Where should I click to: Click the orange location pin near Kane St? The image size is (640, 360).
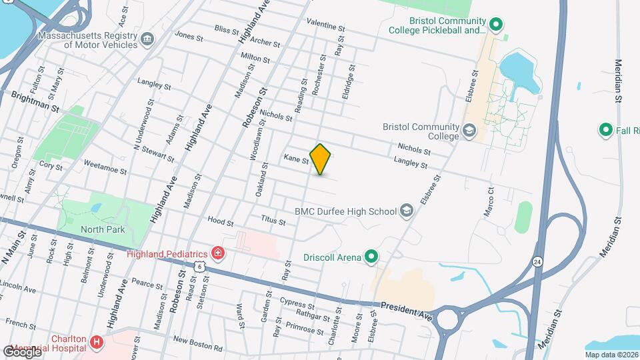coord(321,159)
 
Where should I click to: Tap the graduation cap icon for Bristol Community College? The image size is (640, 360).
coord(469,131)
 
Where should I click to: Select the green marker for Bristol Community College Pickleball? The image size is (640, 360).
coord(495,26)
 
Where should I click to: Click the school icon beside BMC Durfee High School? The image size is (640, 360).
coord(405,211)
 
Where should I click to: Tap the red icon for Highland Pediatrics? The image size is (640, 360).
coord(217,253)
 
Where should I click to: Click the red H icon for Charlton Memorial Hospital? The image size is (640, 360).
coord(97,343)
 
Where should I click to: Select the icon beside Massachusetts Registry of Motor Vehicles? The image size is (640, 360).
coord(148,40)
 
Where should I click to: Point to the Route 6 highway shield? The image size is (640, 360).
coord(199,266)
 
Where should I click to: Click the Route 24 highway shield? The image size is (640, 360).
coord(537,262)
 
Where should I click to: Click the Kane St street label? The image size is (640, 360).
coord(296,159)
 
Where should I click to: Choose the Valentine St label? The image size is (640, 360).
coord(326,25)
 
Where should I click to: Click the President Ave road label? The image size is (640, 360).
coord(407,309)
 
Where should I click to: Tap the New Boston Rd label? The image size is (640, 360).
coord(197,343)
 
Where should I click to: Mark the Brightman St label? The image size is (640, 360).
coord(37,102)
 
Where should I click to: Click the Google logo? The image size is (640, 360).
coord(22,351)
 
